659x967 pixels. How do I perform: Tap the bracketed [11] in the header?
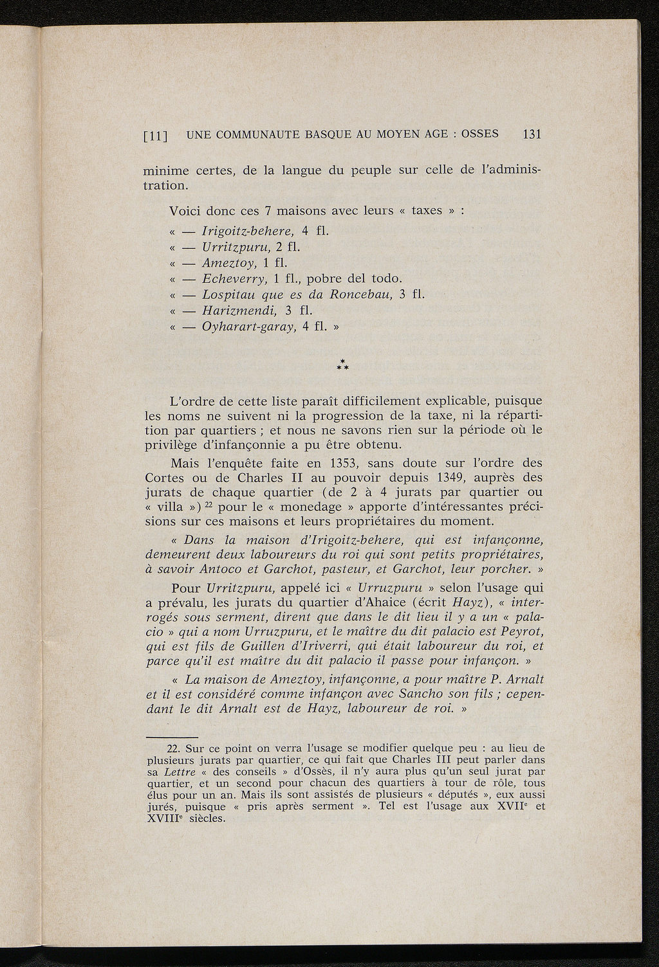pyautogui.click(x=155, y=136)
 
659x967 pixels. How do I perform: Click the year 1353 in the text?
pyautogui.click(x=348, y=463)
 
